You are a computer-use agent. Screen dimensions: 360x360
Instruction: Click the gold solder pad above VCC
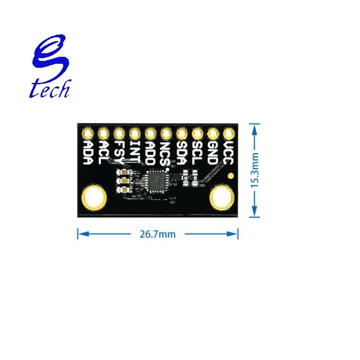[x=228, y=133]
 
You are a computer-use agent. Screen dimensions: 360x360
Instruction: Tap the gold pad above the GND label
[x=212, y=133]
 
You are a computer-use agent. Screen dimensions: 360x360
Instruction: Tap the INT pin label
[x=134, y=152]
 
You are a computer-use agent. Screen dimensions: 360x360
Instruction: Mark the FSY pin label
[x=118, y=152]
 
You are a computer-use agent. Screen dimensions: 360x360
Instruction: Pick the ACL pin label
[x=103, y=152]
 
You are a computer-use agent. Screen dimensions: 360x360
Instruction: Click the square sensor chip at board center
[x=158, y=181]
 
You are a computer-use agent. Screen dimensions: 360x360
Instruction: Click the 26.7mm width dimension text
[x=157, y=234]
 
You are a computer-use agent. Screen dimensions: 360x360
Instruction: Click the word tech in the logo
[x=49, y=88]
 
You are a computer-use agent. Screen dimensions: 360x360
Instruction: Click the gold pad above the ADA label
[x=87, y=133]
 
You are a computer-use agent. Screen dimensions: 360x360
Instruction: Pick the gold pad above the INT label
[x=134, y=133]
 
